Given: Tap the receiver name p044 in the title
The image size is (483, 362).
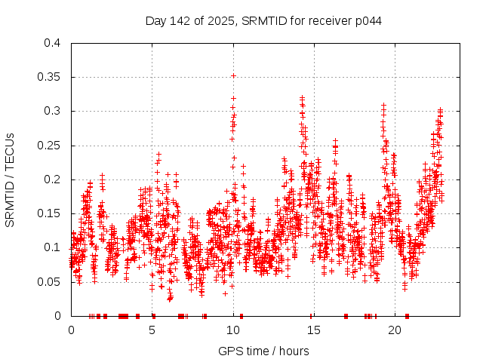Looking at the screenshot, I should tap(368, 20).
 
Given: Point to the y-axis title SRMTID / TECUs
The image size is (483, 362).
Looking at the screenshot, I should tap(10, 179).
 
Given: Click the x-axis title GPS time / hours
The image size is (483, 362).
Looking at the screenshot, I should tap(264, 351).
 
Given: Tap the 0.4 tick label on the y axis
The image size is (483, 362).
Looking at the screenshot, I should tap(52, 43).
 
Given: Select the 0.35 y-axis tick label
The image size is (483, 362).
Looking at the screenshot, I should tap(49, 77).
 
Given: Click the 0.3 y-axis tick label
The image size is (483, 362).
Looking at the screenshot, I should tap(52, 111).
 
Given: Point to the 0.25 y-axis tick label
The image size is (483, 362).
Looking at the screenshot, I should tap(49, 145).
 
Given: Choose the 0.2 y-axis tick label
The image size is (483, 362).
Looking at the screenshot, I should tap(52, 179).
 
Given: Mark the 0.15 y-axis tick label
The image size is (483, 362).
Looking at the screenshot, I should tap(49, 213).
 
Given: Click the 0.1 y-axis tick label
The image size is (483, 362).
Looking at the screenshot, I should tap(52, 247).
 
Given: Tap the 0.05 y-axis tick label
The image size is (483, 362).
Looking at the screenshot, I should tap(49, 281).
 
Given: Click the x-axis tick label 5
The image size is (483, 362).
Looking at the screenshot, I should tap(152, 330).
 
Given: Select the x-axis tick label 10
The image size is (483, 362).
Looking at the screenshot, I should tap(233, 330).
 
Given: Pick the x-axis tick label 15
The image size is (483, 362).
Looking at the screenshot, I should tap(314, 330).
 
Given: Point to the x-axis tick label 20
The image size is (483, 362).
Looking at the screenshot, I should tap(395, 330).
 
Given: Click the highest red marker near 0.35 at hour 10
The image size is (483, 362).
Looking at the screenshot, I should tap(233, 75).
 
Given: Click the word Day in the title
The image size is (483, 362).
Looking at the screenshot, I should tap(155, 20).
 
